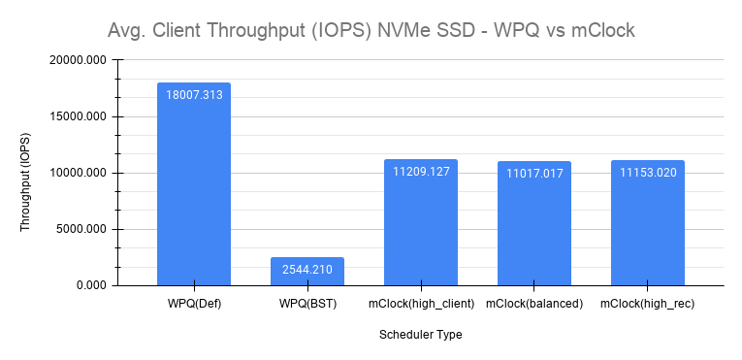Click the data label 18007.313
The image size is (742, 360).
pos(194,95)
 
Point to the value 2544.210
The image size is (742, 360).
pos(307,269)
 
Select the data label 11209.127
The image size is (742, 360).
pos(421,172)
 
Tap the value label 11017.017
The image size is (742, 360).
pos(534,174)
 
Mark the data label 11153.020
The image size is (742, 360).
pos(648,172)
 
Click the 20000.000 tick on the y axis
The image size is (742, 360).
pos(80,60)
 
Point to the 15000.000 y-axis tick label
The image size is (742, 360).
pos(80,116)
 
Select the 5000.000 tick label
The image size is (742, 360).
pos(82,230)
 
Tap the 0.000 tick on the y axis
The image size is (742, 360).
pos(91,285)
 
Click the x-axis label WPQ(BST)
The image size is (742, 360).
pos(307,304)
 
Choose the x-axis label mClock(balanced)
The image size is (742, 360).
pos(534,304)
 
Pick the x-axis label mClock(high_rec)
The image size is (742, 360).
pos(648,304)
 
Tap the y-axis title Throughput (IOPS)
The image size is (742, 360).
pos(26,181)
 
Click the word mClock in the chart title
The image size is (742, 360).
pos(602,31)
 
